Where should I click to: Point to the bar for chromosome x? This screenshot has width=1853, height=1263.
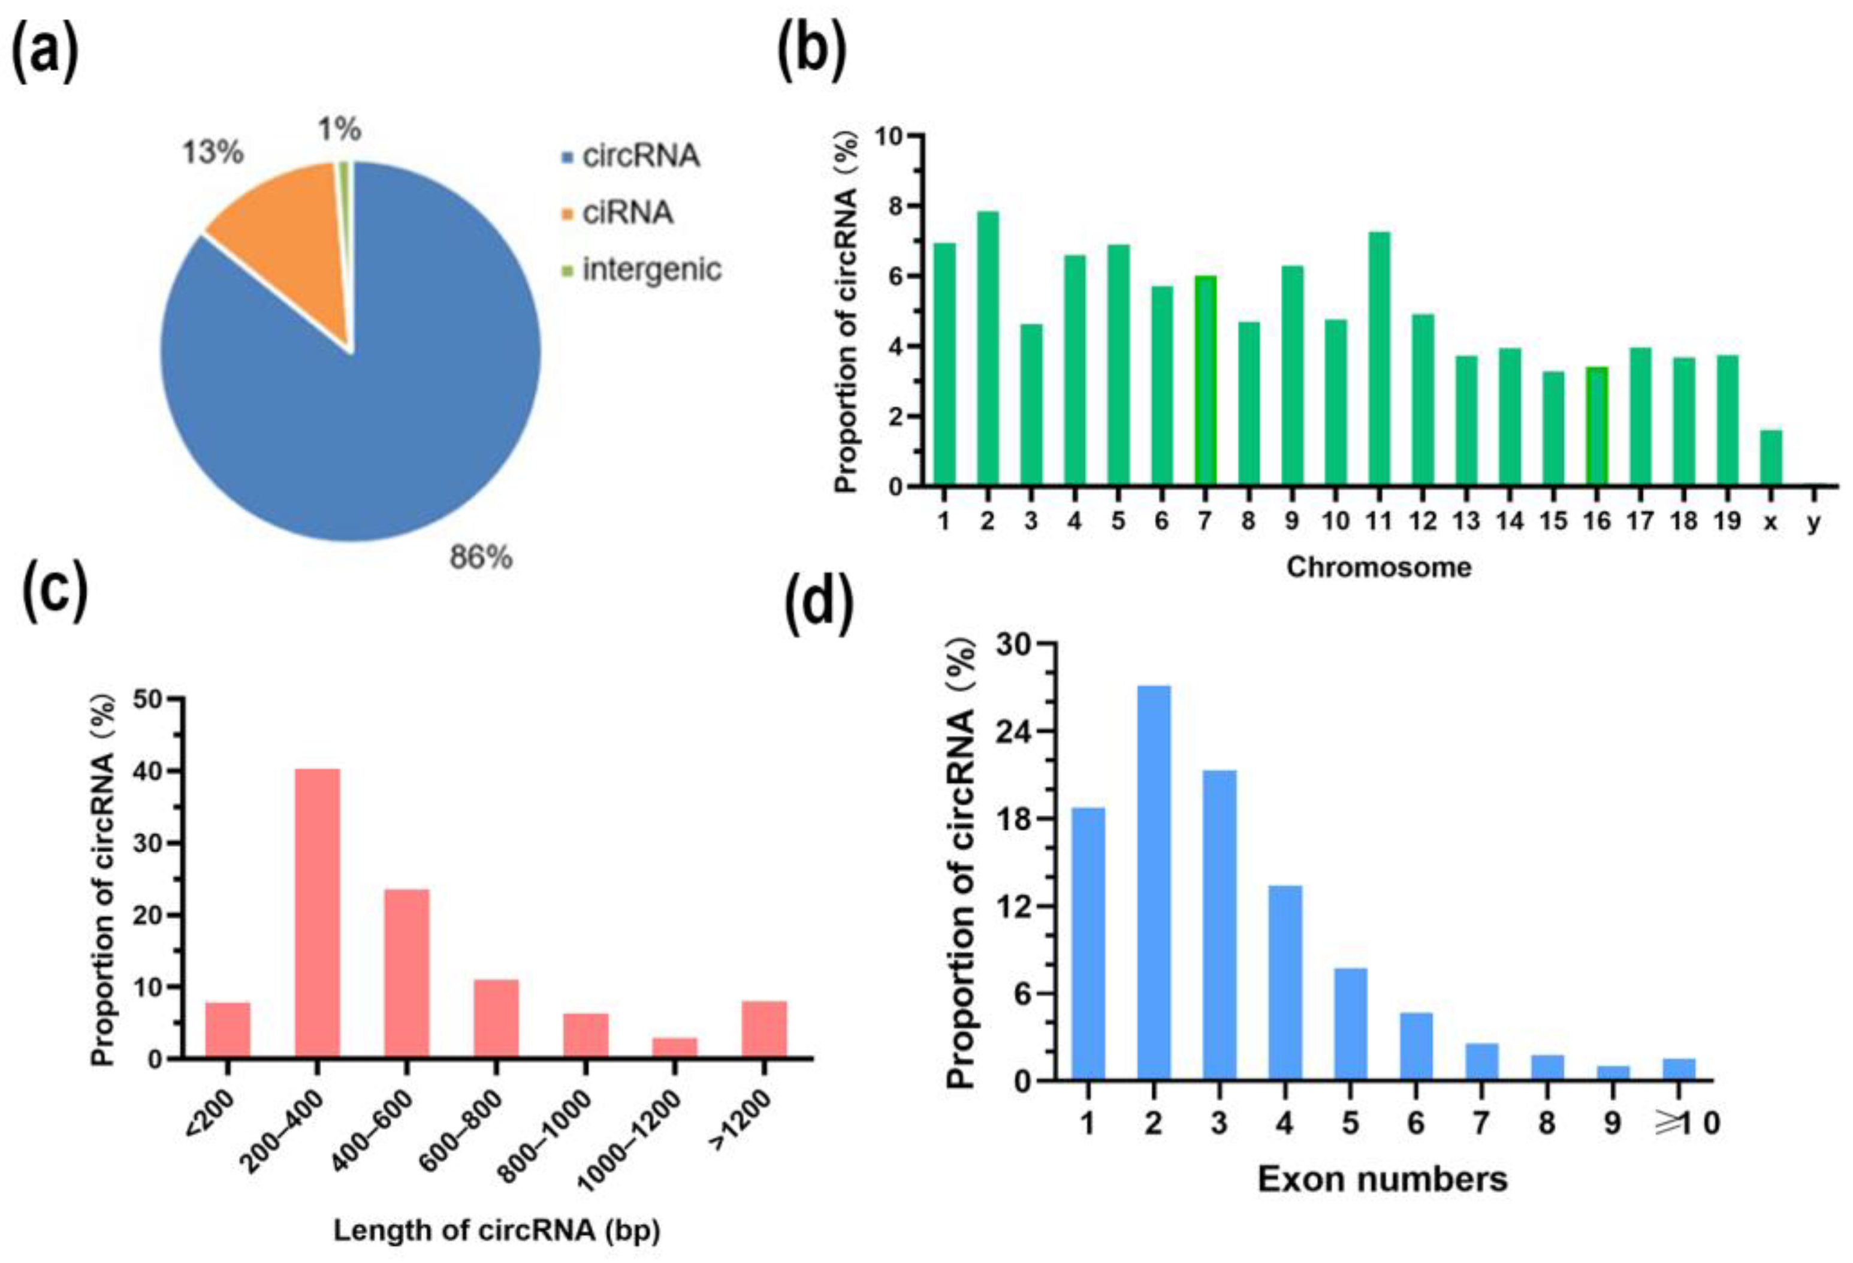pyautogui.click(x=1771, y=458)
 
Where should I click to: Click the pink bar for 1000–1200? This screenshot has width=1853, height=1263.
pyautogui.click(x=675, y=1048)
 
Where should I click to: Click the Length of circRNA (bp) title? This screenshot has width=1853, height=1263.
pyautogui.click(x=496, y=1230)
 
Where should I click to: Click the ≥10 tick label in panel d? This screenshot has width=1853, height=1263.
pyautogui.click(x=1687, y=1123)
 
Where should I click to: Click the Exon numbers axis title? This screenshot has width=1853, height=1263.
pyautogui.click(x=1383, y=1179)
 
